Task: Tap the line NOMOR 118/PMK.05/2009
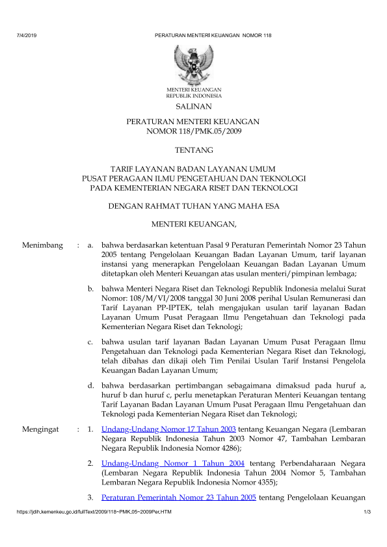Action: coord(193,131)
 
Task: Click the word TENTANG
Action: coord(193,150)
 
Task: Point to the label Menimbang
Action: coord(42,245)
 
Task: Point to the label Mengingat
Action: coord(41,430)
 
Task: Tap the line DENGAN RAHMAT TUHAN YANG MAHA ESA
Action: coord(193,207)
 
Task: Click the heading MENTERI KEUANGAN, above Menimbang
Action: coord(193,225)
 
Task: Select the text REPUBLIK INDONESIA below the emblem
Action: coord(193,95)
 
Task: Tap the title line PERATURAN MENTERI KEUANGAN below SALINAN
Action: coord(193,122)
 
